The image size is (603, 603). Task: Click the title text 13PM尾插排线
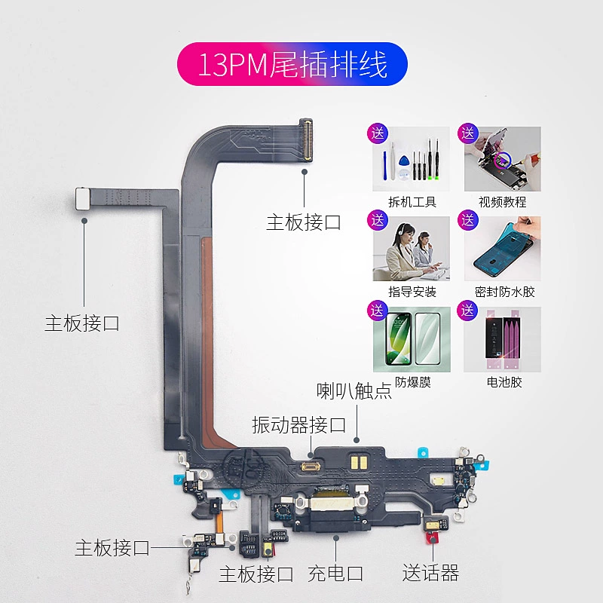click(x=292, y=64)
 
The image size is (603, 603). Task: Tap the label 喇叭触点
click(x=354, y=391)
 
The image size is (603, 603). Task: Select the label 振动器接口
click(x=298, y=425)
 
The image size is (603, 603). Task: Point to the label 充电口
click(x=335, y=574)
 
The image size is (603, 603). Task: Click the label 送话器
click(x=430, y=574)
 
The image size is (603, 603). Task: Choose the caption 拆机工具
click(x=411, y=202)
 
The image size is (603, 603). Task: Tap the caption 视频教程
click(x=502, y=202)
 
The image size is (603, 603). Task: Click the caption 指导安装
click(x=411, y=292)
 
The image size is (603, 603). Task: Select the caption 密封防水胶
click(x=505, y=292)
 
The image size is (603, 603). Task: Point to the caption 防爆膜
click(x=412, y=382)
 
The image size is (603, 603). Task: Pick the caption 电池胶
click(x=504, y=382)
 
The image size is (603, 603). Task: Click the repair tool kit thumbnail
click(x=412, y=160)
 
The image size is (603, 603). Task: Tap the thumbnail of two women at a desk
click(x=412, y=249)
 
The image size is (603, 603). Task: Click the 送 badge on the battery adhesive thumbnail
click(x=469, y=310)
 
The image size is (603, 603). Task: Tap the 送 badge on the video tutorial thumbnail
click(x=469, y=134)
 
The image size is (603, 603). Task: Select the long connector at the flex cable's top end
click(x=305, y=141)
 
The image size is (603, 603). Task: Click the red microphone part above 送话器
click(x=431, y=537)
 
